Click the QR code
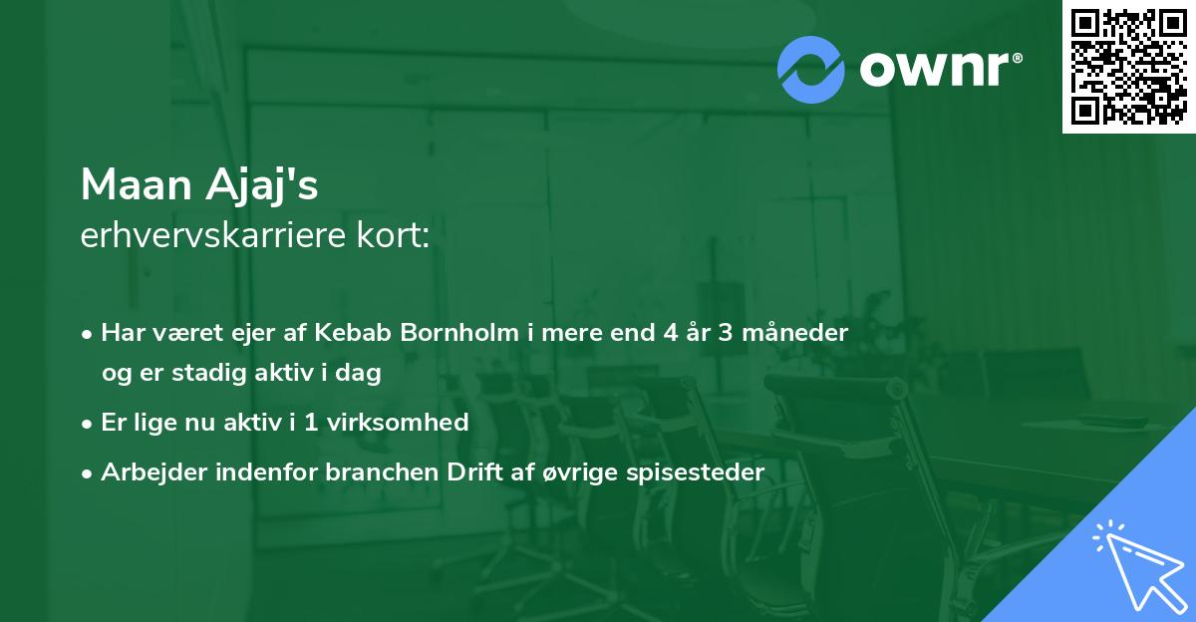coord(1128,66)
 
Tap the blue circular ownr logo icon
coord(811,69)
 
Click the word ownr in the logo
coord(939,69)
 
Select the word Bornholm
coord(454,334)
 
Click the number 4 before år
coord(670,334)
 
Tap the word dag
coord(361,375)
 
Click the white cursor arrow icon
coord(1136,562)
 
